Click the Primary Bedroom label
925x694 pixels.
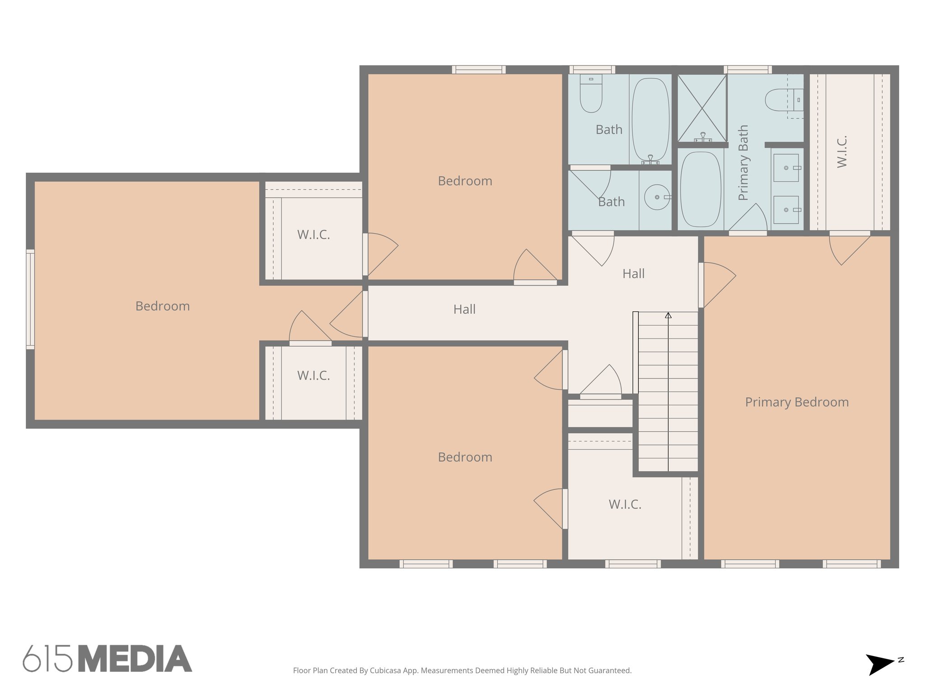click(x=797, y=402)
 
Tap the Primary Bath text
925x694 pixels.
click(x=743, y=163)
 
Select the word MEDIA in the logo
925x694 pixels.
click(x=135, y=659)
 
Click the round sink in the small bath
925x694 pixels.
click(x=656, y=197)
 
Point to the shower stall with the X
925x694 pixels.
click(x=702, y=108)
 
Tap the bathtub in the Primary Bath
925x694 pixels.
click(x=701, y=189)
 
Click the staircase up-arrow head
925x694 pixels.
click(x=668, y=315)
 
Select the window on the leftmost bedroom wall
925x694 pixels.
click(x=30, y=299)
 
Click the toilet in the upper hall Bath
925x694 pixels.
click(x=591, y=95)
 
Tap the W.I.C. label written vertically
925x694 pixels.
click(x=842, y=152)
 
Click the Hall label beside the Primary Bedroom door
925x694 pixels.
click(x=633, y=274)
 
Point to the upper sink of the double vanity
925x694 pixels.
click(x=786, y=168)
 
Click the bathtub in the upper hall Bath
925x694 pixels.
click(x=650, y=120)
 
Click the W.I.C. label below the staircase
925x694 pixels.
click(x=625, y=505)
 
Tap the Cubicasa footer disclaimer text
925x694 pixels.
click(x=462, y=671)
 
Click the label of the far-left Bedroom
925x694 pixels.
click(x=163, y=306)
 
